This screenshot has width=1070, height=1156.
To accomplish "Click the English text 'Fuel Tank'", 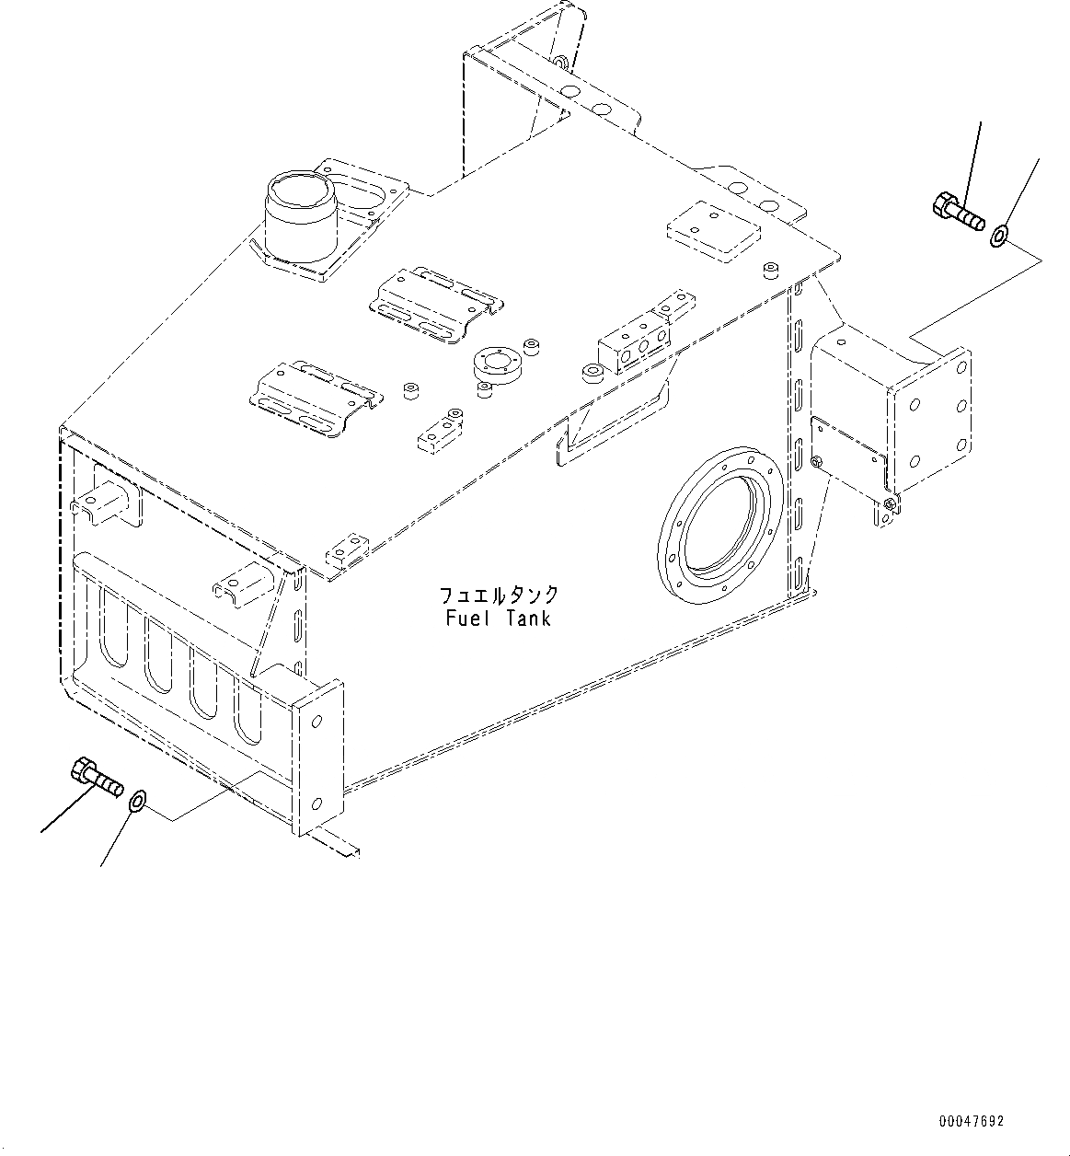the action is coord(498,618).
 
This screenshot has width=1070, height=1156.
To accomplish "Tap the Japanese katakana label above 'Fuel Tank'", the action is coord(499,595).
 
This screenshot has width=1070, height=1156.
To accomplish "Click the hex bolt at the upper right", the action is coord(959,213).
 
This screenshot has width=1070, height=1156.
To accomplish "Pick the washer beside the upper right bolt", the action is coord(1000,236).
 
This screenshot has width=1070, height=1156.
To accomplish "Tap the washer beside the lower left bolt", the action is coord(138,802).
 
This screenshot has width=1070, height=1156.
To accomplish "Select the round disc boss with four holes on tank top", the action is coord(497,365).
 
